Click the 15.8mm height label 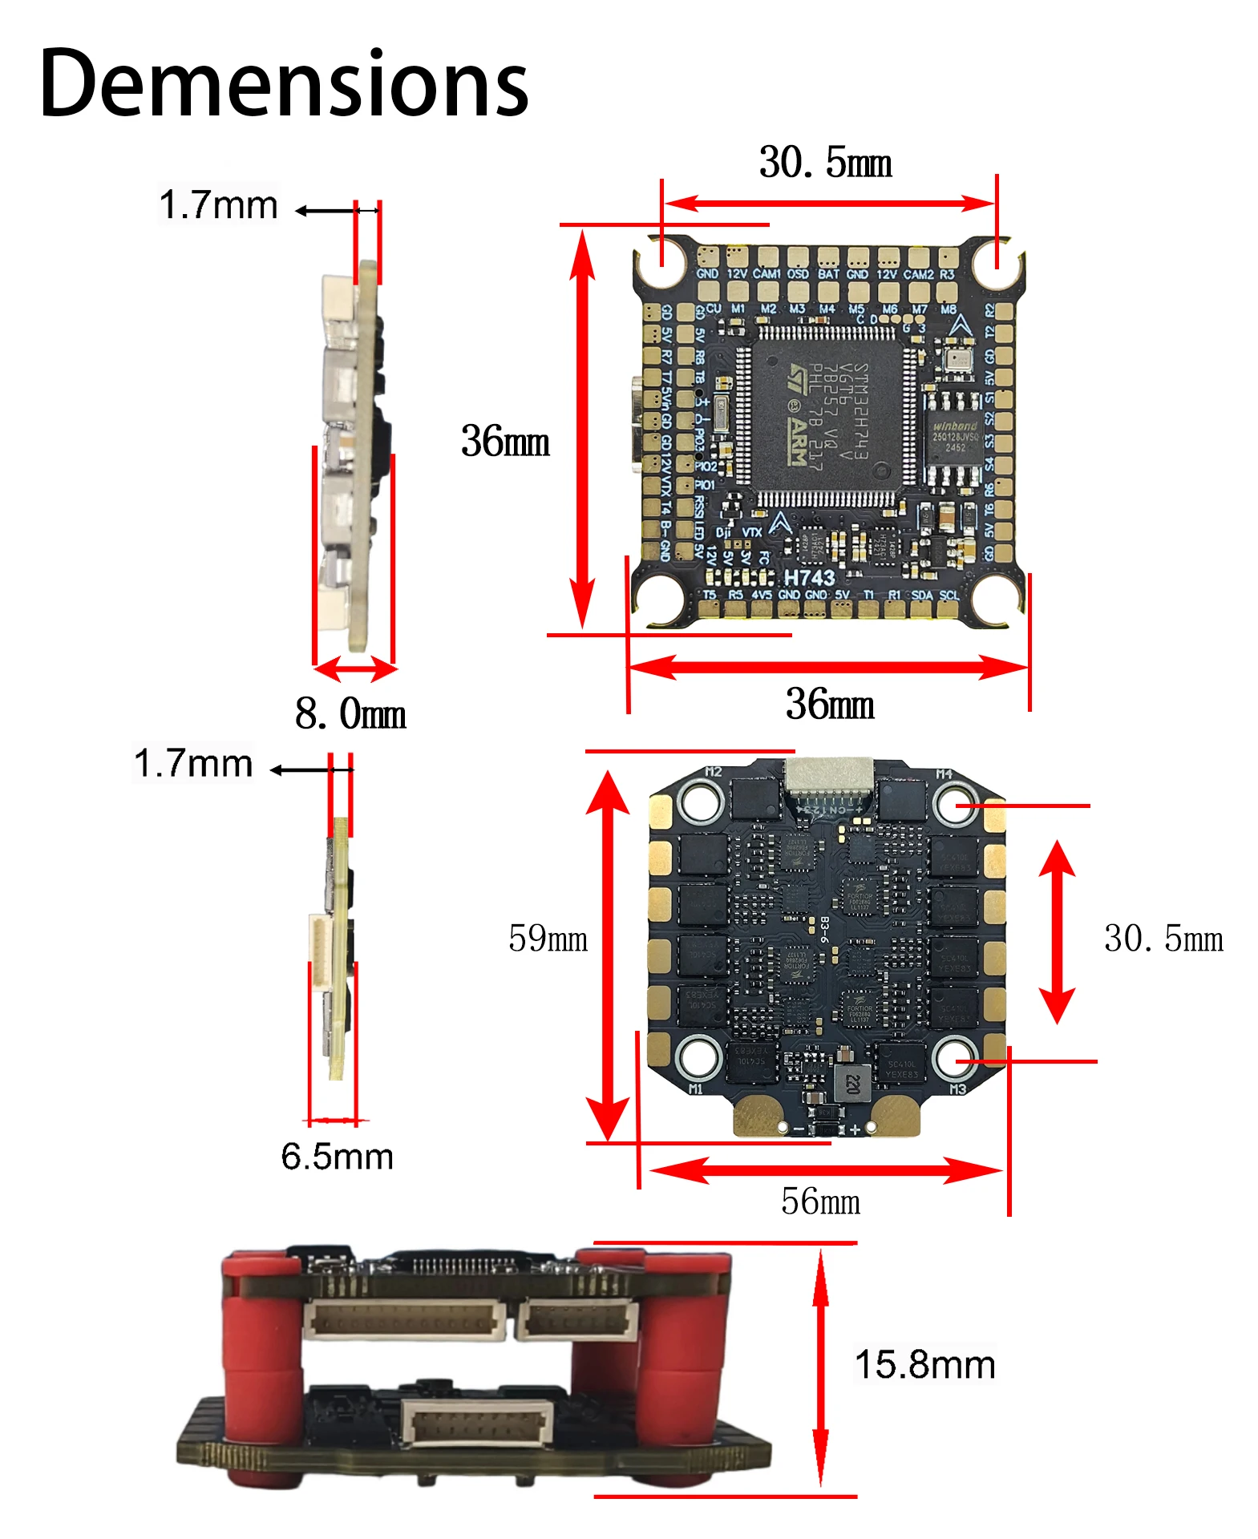click(x=924, y=1363)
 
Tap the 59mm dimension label click(x=548, y=938)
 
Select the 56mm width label click(x=820, y=1201)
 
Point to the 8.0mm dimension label click(x=350, y=713)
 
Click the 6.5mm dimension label click(x=337, y=1156)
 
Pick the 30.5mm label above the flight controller click(x=825, y=163)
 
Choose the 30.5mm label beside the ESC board click(x=1163, y=938)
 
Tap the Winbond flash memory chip click(x=954, y=437)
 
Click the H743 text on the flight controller click(x=809, y=577)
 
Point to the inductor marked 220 click(x=851, y=1084)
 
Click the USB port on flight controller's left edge click(x=637, y=425)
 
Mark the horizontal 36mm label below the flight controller click(x=830, y=704)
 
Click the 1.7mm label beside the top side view click(x=218, y=204)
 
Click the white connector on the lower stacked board click(x=478, y=1424)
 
